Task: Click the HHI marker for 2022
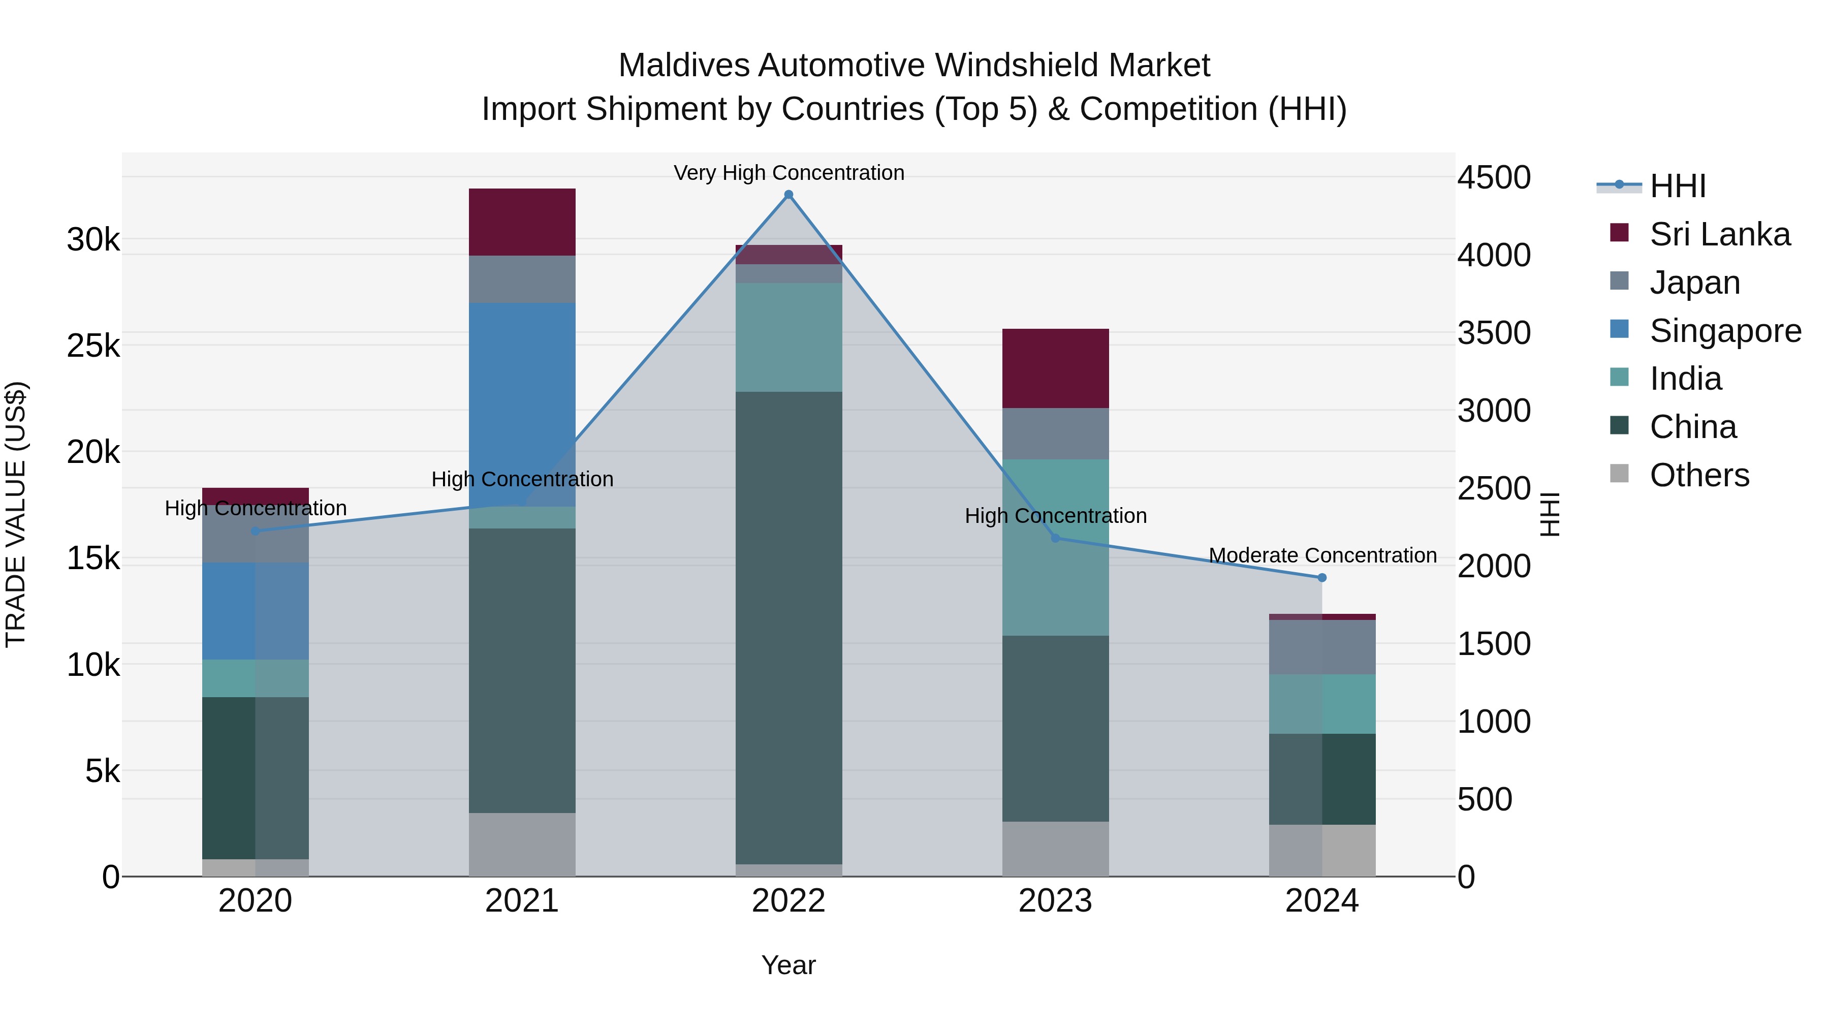pyautogui.click(x=788, y=195)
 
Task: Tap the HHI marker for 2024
pyautogui.click(x=1321, y=578)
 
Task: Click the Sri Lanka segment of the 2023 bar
pyautogui.click(x=1055, y=368)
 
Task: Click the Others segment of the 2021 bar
pyautogui.click(x=522, y=845)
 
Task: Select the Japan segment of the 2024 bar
pyautogui.click(x=1321, y=647)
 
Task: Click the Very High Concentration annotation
pyautogui.click(x=788, y=173)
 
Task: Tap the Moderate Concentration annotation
pyautogui.click(x=1322, y=555)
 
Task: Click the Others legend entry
pyautogui.click(x=1699, y=475)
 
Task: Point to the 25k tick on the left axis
pyautogui.click(x=93, y=346)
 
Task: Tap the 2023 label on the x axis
pyautogui.click(x=1055, y=901)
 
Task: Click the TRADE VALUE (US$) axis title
pyautogui.click(x=16, y=514)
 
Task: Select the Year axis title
pyautogui.click(x=788, y=965)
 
